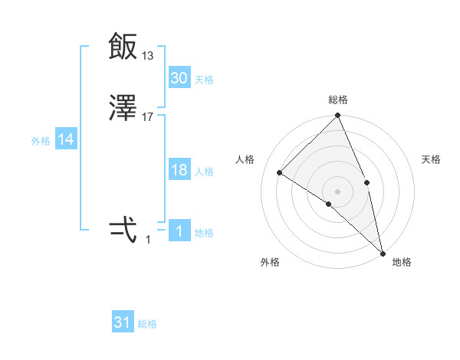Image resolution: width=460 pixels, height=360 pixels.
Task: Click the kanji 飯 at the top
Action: pyautogui.click(x=123, y=47)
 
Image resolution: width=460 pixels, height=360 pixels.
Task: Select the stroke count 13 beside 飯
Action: pyautogui.click(x=148, y=55)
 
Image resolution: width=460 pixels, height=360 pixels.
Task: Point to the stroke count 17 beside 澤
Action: pyautogui.click(x=148, y=117)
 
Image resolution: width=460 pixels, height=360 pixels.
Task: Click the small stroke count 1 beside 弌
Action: pyautogui.click(x=148, y=239)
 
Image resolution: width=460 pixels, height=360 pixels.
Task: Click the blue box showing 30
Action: pyautogui.click(x=179, y=78)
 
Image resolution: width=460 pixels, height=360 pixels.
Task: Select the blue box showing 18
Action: pyautogui.click(x=179, y=171)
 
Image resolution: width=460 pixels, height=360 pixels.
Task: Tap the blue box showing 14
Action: pyautogui.click(x=66, y=140)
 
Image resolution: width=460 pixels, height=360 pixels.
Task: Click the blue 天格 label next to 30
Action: pyautogui.click(x=204, y=80)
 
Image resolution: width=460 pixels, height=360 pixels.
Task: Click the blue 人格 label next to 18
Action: pyautogui.click(x=204, y=172)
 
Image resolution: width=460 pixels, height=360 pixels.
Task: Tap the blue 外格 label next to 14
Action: pyautogui.click(x=41, y=141)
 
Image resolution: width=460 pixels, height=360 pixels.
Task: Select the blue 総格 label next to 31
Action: pyautogui.click(x=147, y=324)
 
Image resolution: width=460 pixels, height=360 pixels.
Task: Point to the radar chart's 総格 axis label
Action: pyautogui.click(x=338, y=100)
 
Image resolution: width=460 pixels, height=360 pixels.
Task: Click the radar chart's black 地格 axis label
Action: pyautogui.click(x=402, y=263)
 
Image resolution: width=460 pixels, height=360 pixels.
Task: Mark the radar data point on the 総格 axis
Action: pyautogui.click(x=338, y=116)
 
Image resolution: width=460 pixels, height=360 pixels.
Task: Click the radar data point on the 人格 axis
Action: pyautogui.click(x=280, y=172)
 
